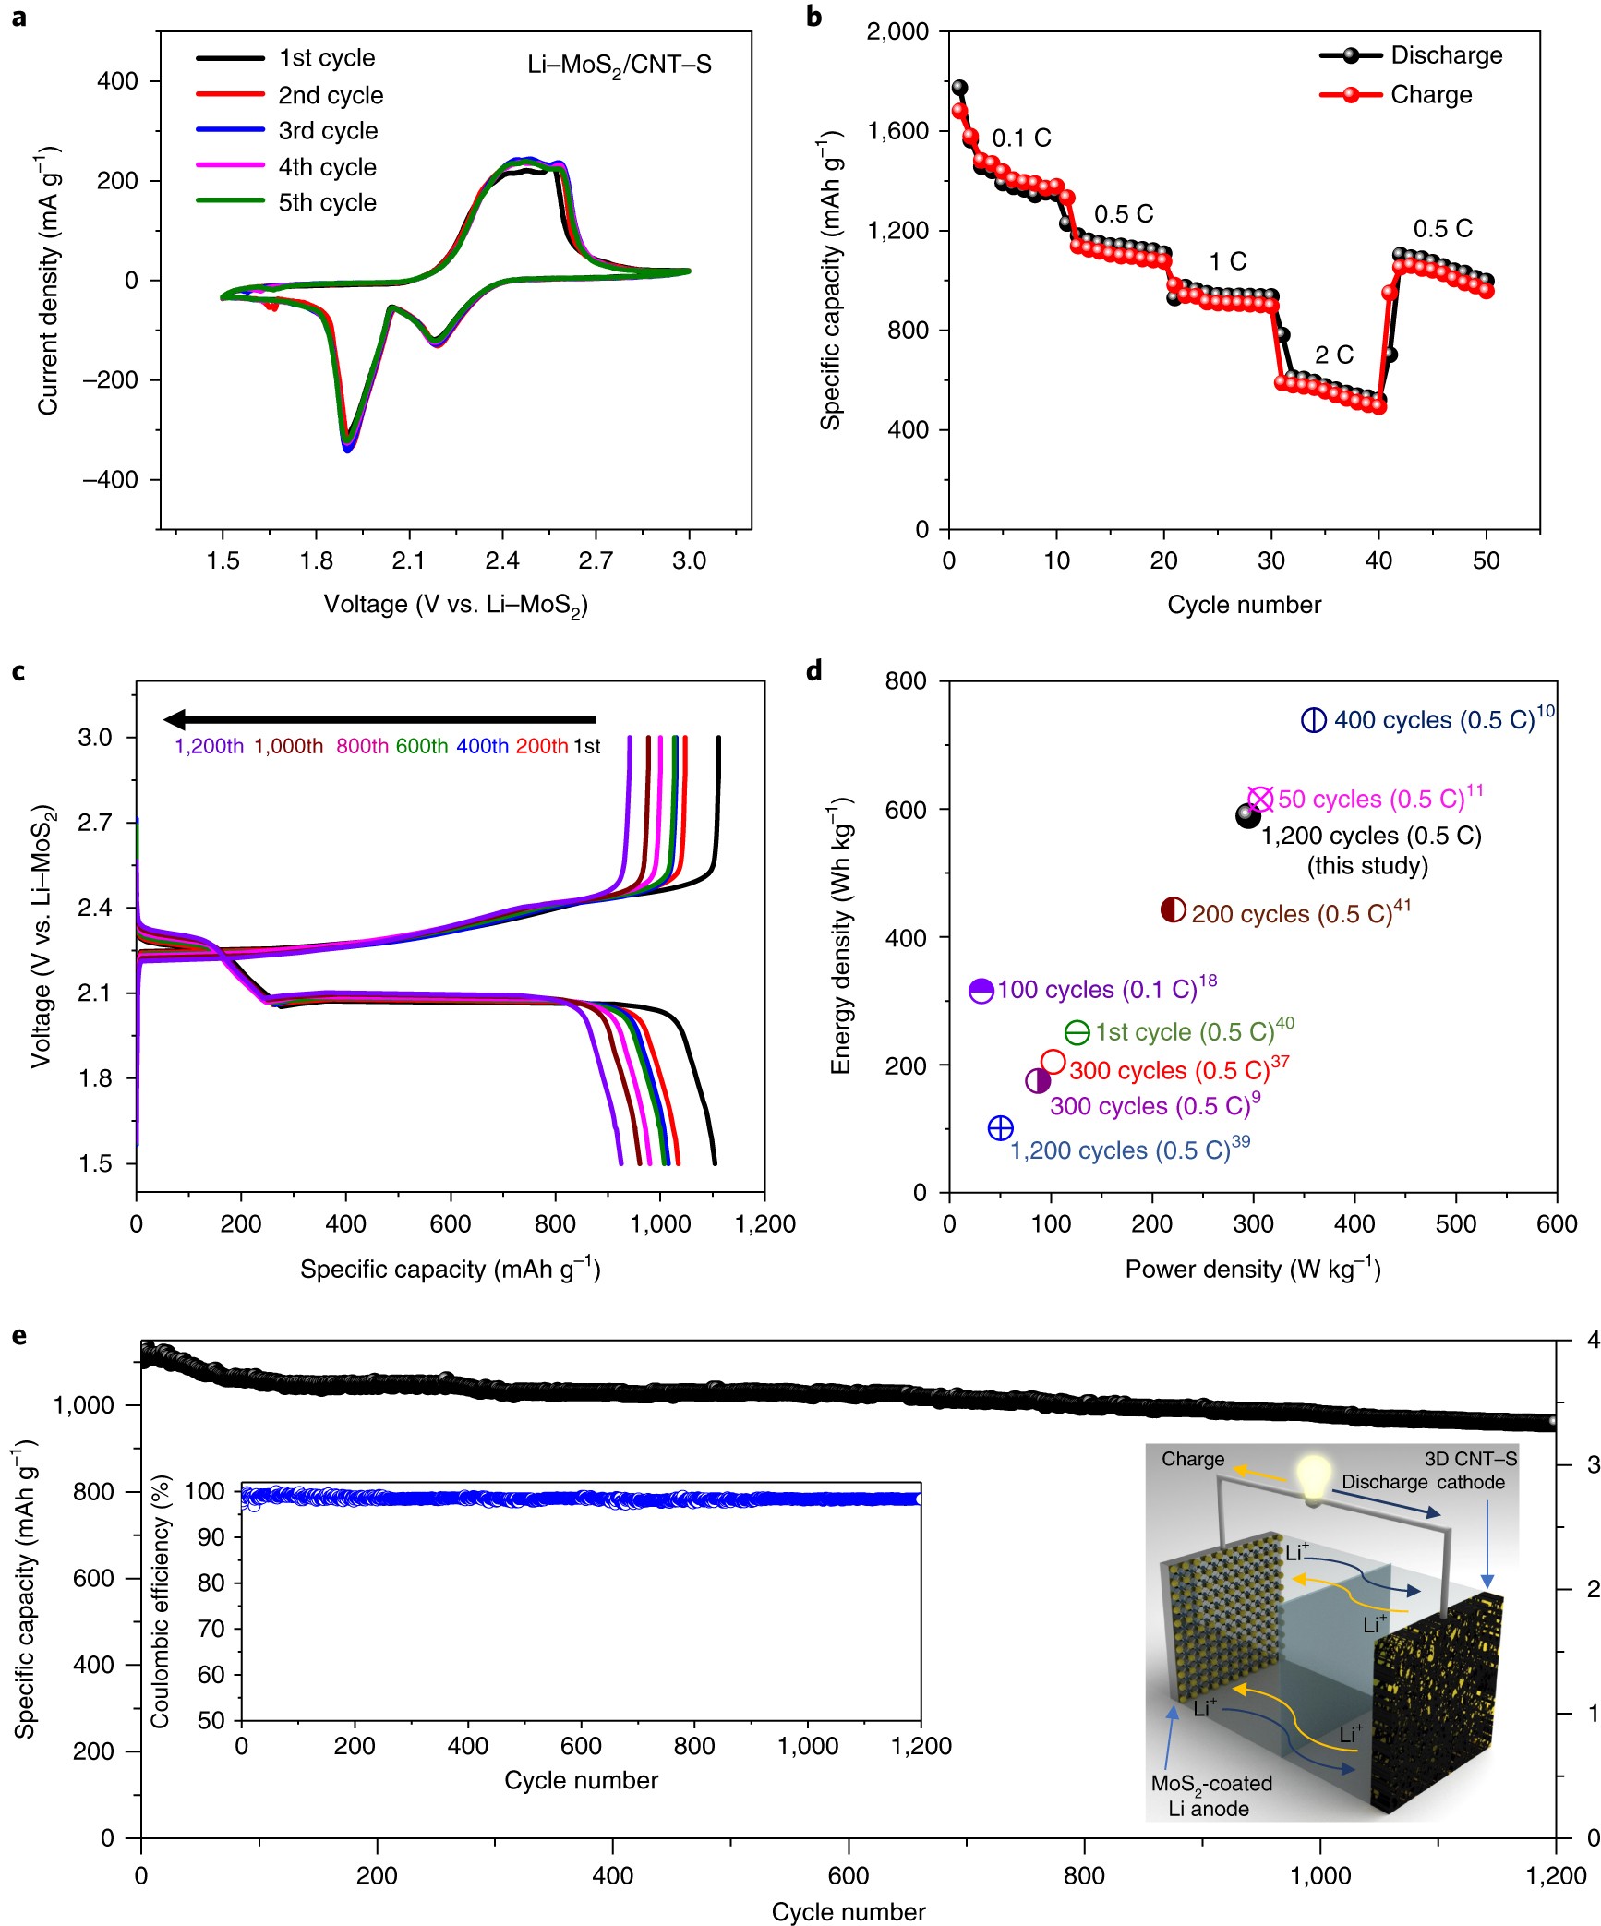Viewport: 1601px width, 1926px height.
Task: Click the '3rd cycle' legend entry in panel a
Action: pos(328,131)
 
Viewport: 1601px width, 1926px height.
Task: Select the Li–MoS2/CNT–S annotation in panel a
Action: pos(619,66)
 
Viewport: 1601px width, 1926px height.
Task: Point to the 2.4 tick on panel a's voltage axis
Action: pos(502,560)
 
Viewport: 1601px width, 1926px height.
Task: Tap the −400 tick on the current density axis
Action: pos(110,480)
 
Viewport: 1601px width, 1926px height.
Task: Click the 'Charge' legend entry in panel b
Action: pos(1430,95)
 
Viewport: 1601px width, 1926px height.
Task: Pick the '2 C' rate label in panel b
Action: pos(1333,355)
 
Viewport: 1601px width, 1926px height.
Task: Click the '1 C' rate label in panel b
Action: pos(1227,261)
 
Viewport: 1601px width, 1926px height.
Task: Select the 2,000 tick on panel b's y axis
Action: pos(897,31)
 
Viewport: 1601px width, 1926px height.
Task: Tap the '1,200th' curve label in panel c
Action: pos(209,746)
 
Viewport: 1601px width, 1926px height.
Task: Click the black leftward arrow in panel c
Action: pos(379,719)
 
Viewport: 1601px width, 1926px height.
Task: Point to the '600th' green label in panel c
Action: pos(422,746)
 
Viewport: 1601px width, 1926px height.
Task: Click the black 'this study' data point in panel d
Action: pos(1247,815)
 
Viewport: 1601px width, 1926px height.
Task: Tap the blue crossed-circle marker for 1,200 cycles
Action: pos(1000,1127)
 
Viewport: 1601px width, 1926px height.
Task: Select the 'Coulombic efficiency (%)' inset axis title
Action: pos(161,1601)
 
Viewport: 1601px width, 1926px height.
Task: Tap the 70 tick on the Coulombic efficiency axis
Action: pos(211,1629)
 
